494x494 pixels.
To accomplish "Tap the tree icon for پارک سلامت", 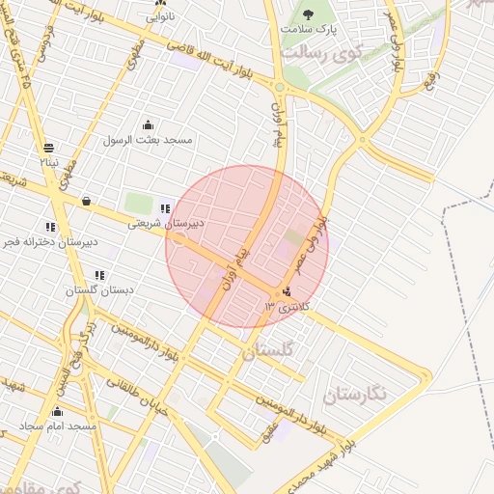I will tap(308, 14).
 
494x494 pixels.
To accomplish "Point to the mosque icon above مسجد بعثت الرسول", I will tap(148, 124).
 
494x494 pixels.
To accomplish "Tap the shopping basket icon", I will tap(87, 202).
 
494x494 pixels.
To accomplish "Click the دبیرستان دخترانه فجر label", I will tap(51, 241).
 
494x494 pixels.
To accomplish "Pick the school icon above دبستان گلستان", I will tap(99, 275).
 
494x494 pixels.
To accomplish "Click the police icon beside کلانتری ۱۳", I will tap(286, 292).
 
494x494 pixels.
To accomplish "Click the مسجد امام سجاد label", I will tap(58, 426).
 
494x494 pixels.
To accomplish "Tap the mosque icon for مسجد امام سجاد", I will tap(57, 412).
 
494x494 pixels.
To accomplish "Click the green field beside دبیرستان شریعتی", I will tap(138, 204).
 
